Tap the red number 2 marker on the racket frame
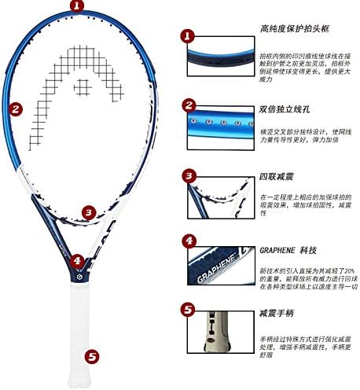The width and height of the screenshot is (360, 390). (16, 110)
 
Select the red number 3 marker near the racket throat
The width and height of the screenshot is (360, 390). (89, 212)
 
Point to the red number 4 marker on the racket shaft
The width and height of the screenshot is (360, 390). (76, 260)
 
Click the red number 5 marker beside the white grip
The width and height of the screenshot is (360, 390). (94, 356)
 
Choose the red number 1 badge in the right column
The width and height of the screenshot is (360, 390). (187, 35)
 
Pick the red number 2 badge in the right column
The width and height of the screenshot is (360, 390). (188, 105)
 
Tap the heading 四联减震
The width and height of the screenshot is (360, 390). (276, 175)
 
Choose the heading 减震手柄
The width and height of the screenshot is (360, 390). (276, 313)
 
